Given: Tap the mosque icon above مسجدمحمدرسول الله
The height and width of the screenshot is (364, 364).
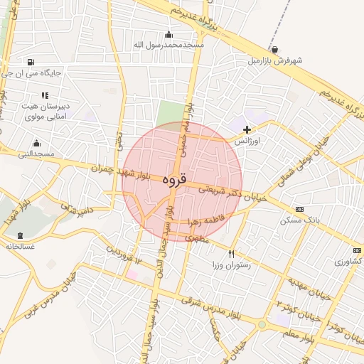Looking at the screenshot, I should tap(168, 35).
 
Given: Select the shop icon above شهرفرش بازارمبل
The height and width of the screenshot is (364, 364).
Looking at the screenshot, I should tap(274, 50).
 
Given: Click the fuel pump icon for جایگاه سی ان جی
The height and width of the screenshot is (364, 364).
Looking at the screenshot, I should tap(30, 63).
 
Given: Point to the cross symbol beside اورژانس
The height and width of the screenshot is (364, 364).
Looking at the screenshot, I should tap(247, 129).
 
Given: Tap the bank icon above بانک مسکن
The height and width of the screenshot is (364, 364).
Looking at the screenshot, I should tap(299, 210).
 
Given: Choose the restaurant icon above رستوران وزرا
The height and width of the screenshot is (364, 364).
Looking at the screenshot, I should tap(231, 254).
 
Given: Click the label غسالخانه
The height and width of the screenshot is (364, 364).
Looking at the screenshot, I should tap(20, 246).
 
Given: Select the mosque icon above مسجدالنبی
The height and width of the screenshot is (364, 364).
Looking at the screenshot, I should tap(36, 144).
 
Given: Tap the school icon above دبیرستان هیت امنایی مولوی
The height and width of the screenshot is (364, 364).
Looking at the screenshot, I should tap(45, 95).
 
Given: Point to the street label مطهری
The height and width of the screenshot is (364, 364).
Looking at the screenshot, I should tap(198, 240).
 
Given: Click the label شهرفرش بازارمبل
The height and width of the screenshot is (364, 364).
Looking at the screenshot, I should tap(274, 60).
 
